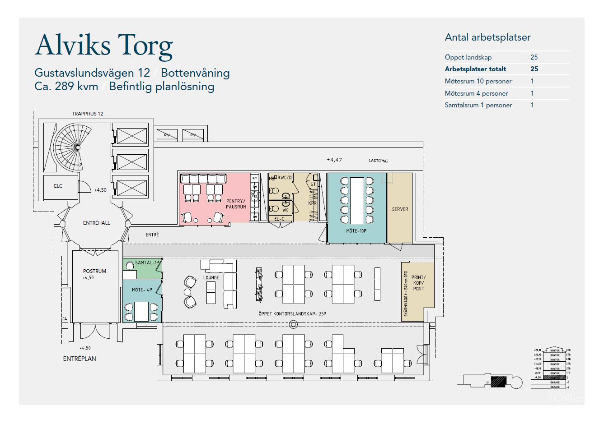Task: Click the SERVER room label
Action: point(400,209)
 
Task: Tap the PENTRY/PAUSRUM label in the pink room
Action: point(236,204)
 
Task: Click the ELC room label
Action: point(58,186)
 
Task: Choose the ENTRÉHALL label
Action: point(96,223)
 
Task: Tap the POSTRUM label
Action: point(94,271)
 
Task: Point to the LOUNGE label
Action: point(211,277)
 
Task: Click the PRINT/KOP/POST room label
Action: point(418,283)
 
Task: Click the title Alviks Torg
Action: point(104,46)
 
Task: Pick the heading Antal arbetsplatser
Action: point(487,37)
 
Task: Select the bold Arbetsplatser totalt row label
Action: point(475,69)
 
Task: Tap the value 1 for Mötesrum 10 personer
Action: point(532,81)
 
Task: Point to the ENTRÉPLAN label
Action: point(80,359)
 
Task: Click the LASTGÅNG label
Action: point(378,161)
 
